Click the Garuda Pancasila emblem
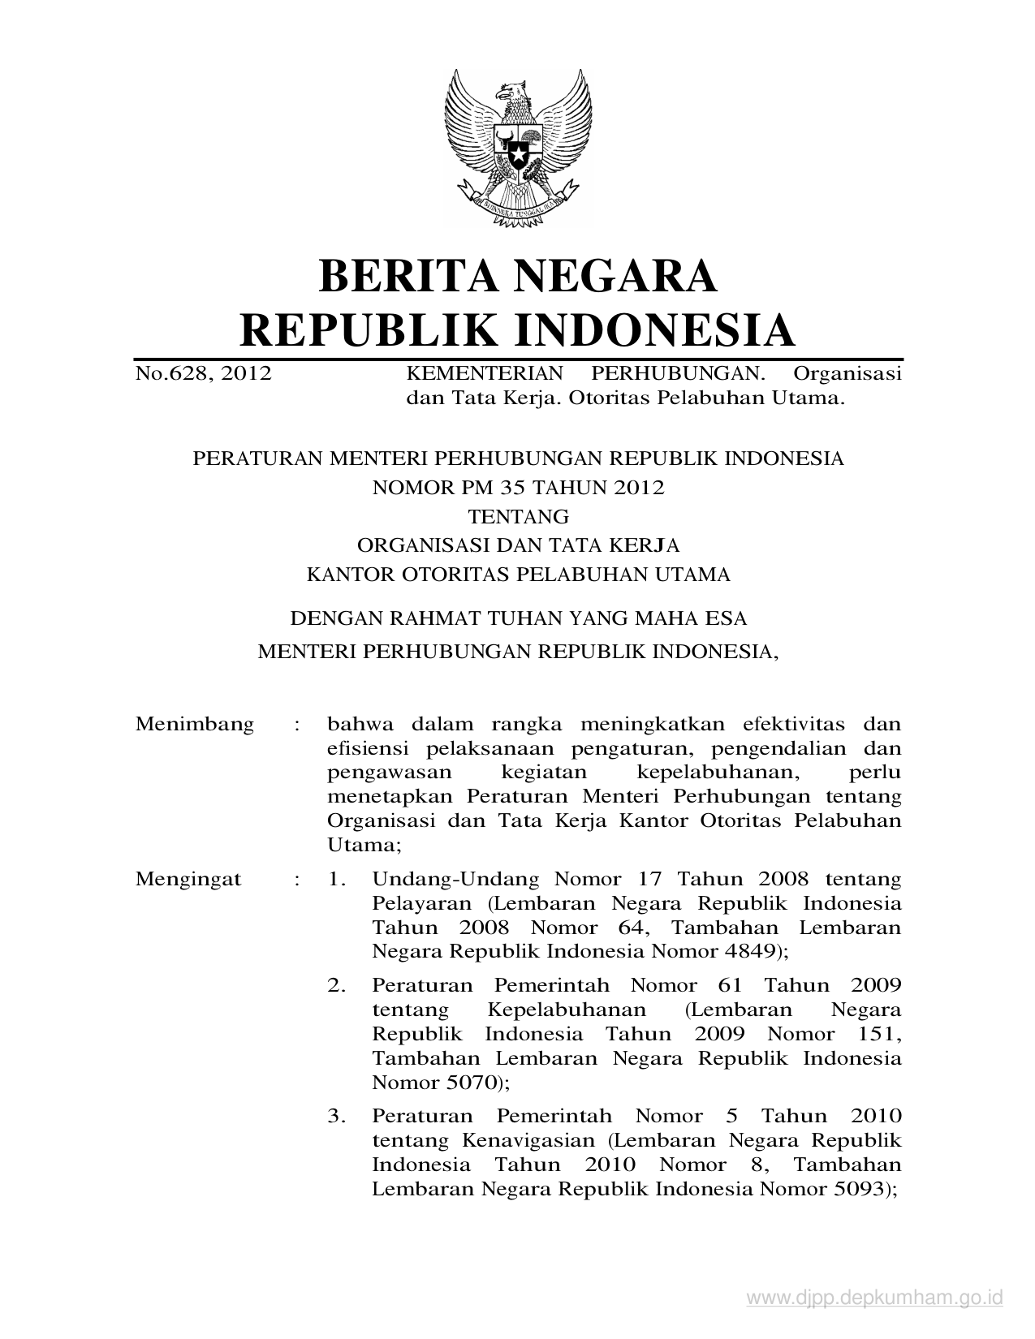tap(517, 144)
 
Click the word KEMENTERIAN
tap(484, 373)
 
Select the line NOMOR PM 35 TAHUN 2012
tap(517, 487)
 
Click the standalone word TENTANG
tap(517, 516)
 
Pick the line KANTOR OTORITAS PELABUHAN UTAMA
tap(517, 575)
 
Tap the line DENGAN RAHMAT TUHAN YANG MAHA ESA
tap(517, 618)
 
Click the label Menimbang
tap(195, 723)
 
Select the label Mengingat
tap(188, 879)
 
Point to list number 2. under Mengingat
tap(338, 985)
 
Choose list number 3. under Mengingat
tap(338, 1116)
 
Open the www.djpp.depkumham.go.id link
tap(875, 1298)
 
